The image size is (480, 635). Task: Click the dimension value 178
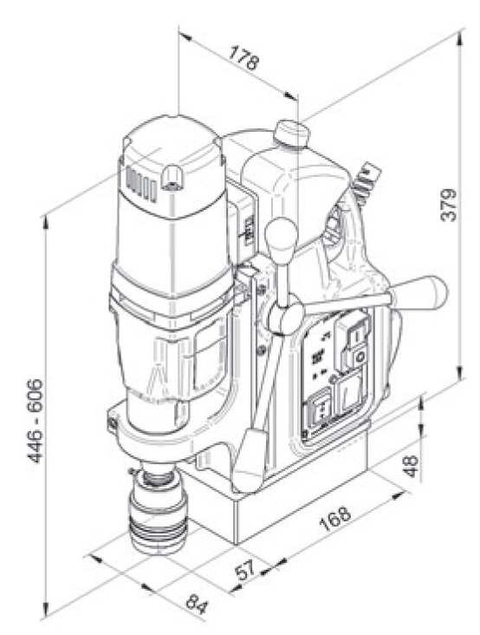pyautogui.click(x=243, y=59)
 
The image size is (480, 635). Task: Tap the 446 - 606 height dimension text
pyautogui.click(x=35, y=422)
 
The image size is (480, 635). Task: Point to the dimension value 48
pyautogui.click(x=412, y=467)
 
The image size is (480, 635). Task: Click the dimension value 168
pyautogui.click(x=334, y=518)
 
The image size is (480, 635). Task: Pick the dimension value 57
pyautogui.click(x=246, y=570)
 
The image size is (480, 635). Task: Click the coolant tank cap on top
pyautogui.click(x=291, y=134)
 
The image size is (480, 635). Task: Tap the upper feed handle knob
pyautogui.click(x=281, y=238)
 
